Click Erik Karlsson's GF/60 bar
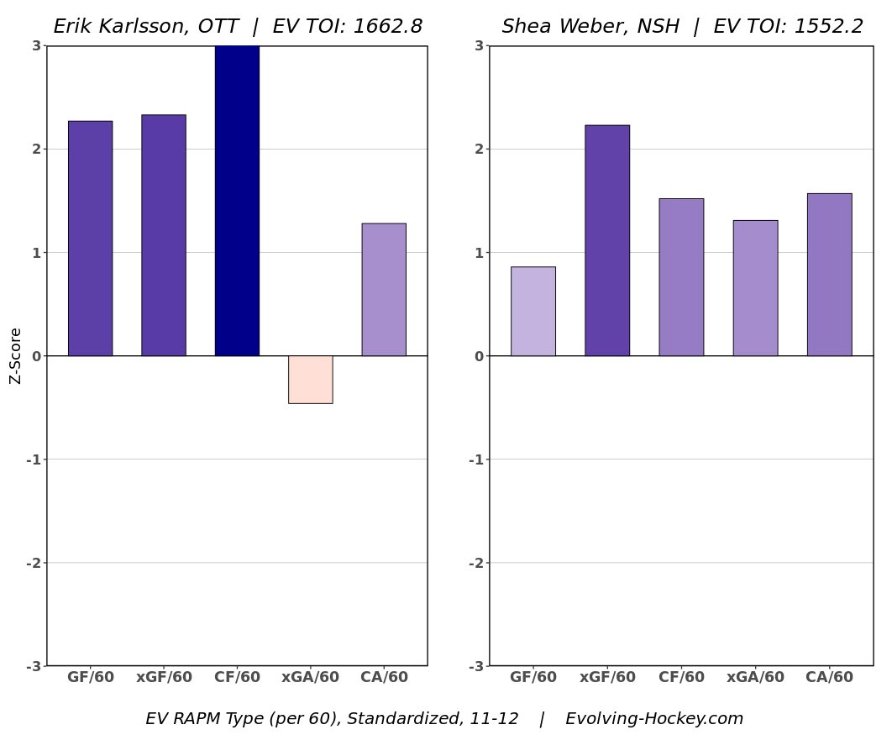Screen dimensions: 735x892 (x=90, y=239)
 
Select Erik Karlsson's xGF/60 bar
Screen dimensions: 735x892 (x=163, y=235)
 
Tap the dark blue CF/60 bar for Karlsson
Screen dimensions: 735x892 (x=237, y=201)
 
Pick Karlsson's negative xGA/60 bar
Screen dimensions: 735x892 (x=310, y=380)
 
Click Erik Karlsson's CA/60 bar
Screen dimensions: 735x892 (x=384, y=290)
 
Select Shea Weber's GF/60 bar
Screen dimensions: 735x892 (x=533, y=312)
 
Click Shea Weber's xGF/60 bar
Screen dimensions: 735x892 (x=607, y=240)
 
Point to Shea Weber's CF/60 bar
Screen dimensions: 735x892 (x=681, y=277)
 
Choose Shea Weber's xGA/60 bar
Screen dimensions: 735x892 (x=755, y=288)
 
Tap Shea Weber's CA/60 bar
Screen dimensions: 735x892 (x=829, y=275)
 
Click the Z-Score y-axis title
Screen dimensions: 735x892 (x=15, y=355)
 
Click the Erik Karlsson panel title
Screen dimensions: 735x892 (x=238, y=27)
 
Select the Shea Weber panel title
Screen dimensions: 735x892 (x=682, y=27)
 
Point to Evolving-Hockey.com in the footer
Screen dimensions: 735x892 (x=654, y=719)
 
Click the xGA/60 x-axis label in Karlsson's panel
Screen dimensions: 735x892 (x=310, y=677)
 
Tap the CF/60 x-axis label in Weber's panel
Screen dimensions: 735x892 (x=681, y=677)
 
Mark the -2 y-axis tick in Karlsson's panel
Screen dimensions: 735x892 (x=34, y=563)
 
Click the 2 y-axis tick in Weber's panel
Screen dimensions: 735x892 (x=479, y=149)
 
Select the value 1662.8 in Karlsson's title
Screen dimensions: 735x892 (x=387, y=27)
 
